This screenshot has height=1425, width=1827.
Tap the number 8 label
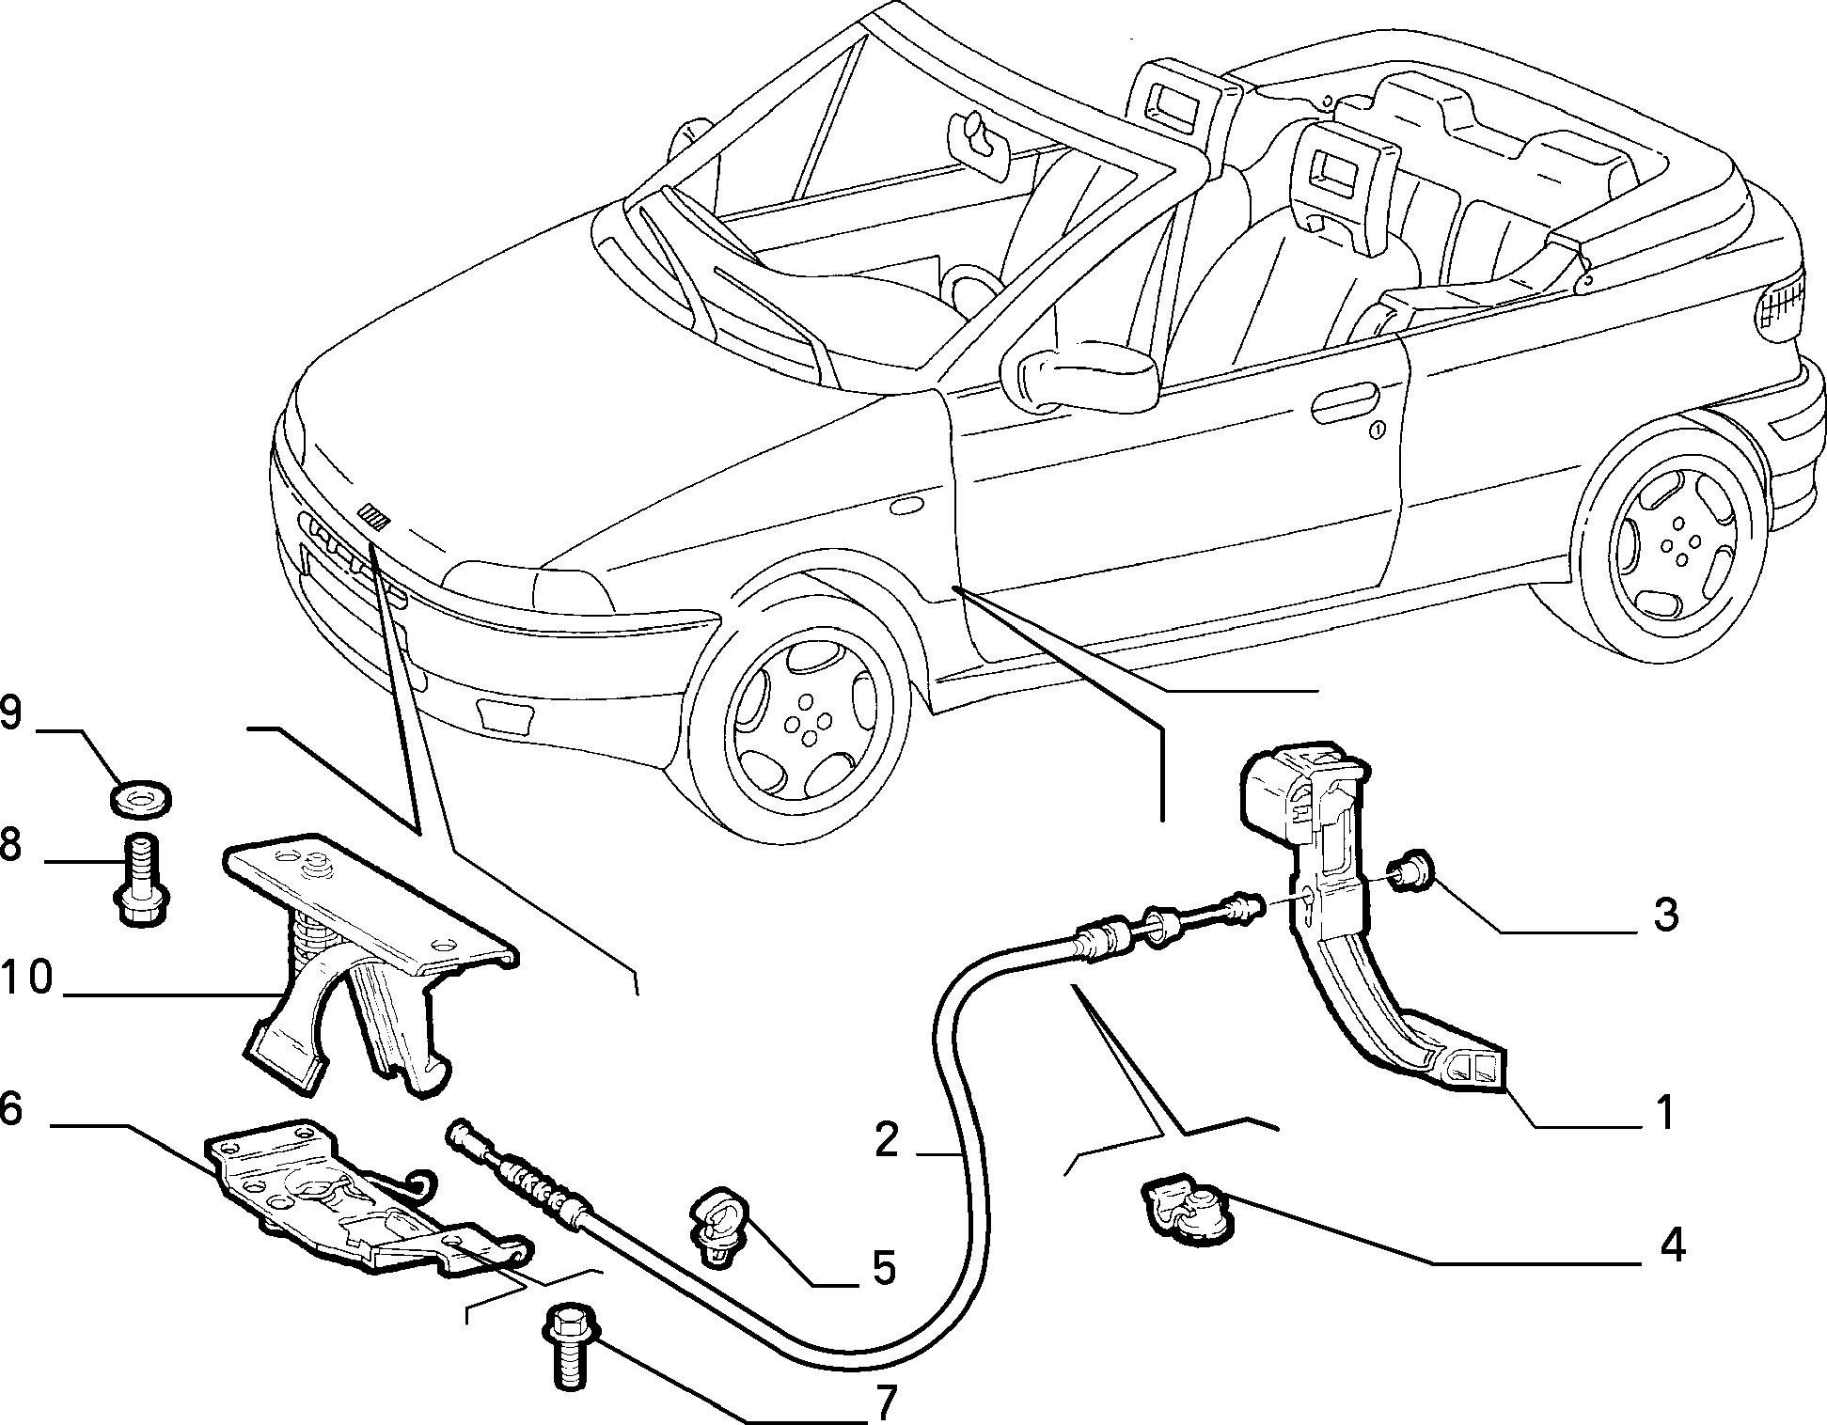10,845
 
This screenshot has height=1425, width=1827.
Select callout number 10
26,979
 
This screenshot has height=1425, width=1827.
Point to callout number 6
10,1109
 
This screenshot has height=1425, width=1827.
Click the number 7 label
885,1403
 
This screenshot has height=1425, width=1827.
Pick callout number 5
883,1268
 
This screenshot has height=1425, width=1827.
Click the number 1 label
1664,1112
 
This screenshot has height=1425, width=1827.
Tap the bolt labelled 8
140,880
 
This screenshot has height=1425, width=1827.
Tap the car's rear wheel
1672,543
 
